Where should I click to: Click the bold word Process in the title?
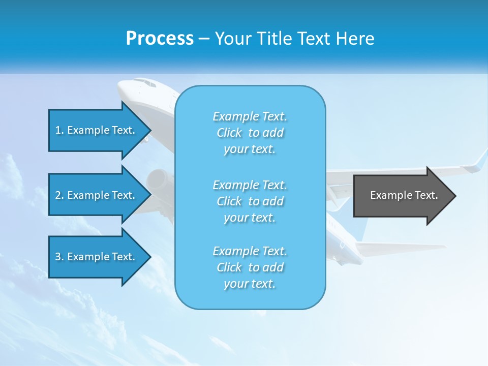tap(160, 39)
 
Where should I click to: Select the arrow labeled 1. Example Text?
tap(97, 130)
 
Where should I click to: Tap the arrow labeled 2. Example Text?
tap(97, 195)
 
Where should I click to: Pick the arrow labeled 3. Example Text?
tap(97, 257)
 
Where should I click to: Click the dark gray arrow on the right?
tap(402, 195)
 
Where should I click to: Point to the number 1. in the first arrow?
tap(59, 130)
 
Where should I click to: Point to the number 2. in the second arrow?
tap(59, 195)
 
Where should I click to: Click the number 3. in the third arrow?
tap(59, 257)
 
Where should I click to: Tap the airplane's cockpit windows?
tap(144, 83)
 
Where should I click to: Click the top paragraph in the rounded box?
tap(250, 133)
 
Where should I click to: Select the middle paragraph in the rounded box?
tap(250, 201)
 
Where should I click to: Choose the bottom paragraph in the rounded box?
tap(250, 267)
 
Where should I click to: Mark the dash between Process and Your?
tap(204, 39)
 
